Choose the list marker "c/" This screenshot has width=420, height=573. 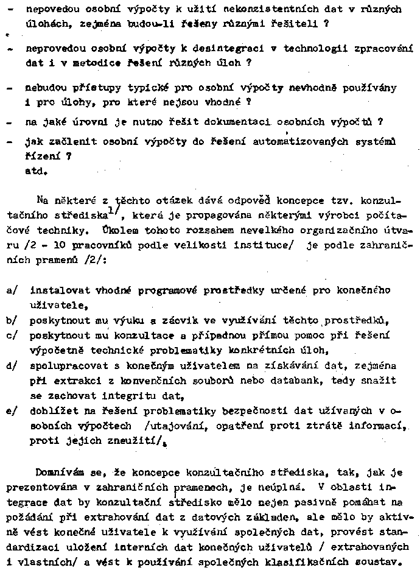[x=12, y=336]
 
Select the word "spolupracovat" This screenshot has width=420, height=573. [x=63, y=366]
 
